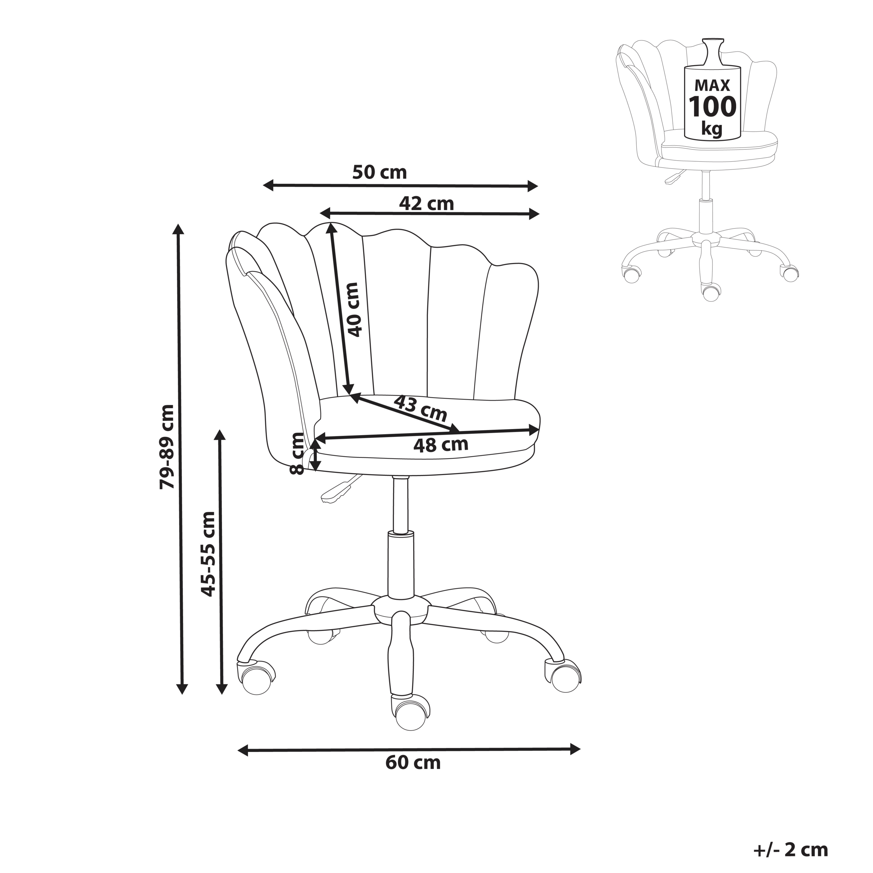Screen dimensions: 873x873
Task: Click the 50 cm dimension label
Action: [379, 173]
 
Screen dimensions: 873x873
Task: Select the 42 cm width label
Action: [426, 204]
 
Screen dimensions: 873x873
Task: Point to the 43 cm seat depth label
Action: [420, 407]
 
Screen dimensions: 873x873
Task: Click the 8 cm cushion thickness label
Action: [297, 453]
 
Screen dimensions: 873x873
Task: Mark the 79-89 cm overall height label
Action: [167, 447]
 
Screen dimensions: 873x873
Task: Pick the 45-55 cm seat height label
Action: [208, 554]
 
